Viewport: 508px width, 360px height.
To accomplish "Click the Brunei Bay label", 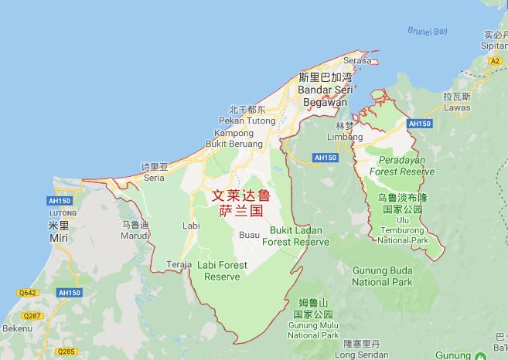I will [x=428, y=31].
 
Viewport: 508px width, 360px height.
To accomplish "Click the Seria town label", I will [x=154, y=177].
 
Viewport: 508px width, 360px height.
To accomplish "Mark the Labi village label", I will [x=190, y=225].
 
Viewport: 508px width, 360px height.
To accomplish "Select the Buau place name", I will [x=249, y=235].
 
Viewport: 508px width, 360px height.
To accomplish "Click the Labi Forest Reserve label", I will [x=223, y=270].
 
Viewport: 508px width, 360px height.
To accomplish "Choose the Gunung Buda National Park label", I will [x=383, y=276].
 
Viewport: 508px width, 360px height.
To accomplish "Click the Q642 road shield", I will [x=28, y=293].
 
